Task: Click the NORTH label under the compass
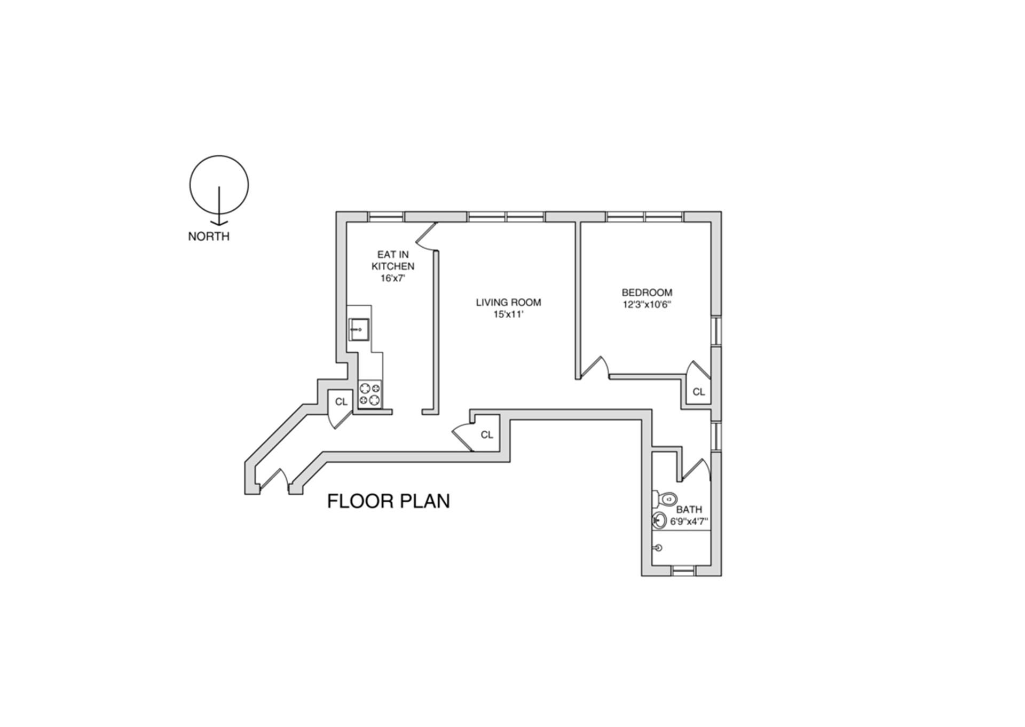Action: pos(208,236)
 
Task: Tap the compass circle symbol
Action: pos(219,185)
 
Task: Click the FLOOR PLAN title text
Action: pos(388,501)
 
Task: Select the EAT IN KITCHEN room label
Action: pos(393,260)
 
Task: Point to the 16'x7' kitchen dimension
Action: pos(393,278)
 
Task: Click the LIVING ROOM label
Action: pos(508,303)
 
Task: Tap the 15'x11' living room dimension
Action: pos(508,315)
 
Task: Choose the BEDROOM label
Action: pos(646,293)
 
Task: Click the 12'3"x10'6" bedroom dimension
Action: pos(646,305)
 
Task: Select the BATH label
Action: pos(689,510)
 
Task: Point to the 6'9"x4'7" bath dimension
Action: pos(689,521)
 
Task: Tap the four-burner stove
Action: pos(370,394)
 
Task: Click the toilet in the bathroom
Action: pos(665,500)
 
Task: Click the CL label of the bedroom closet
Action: pos(698,392)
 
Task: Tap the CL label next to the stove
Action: pos(341,402)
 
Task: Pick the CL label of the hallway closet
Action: pos(486,435)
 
